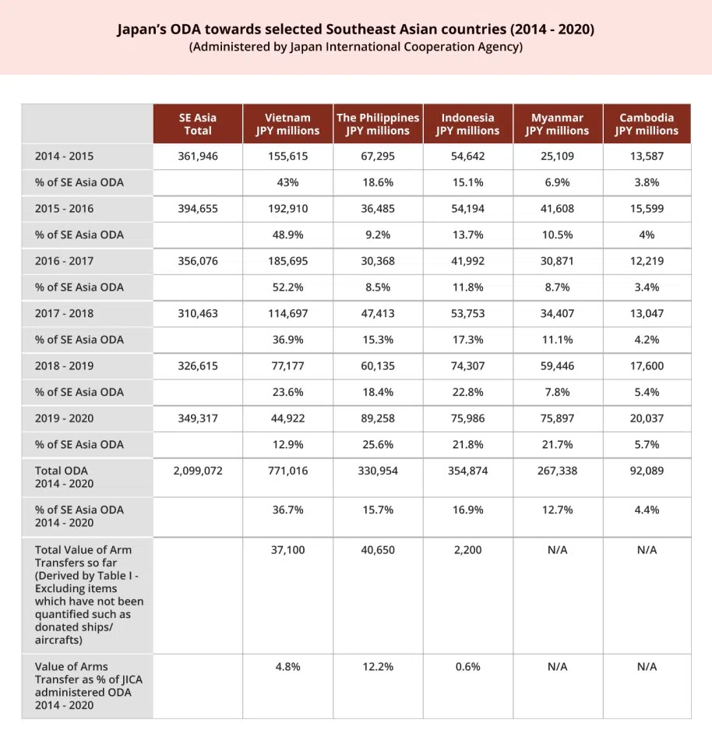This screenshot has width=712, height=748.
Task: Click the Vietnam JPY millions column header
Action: tap(287, 124)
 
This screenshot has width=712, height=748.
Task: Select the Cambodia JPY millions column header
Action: tap(647, 124)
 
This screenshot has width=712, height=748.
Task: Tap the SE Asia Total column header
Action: tap(198, 124)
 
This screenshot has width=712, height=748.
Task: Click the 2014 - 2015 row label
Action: tap(64, 156)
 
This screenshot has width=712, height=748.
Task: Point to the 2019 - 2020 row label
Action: tap(64, 418)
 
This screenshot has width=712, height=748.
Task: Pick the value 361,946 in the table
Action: tap(198, 156)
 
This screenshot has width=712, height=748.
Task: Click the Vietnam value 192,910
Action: tap(287, 209)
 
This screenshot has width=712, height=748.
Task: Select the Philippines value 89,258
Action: tap(378, 418)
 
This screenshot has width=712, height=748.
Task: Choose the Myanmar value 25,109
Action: tap(557, 156)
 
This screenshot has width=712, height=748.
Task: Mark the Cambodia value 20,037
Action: tap(647, 418)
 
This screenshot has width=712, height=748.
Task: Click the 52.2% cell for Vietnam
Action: tap(287, 288)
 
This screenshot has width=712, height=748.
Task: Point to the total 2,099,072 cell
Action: tap(198, 471)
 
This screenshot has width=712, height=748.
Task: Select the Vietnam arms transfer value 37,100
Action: tap(287, 550)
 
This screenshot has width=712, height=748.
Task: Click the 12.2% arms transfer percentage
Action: tap(378, 667)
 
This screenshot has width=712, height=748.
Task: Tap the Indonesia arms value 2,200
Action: tap(467, 550)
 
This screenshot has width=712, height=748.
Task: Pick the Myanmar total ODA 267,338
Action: tap(557, 471)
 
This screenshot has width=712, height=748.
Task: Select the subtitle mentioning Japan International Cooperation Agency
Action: tap(355, 48)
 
